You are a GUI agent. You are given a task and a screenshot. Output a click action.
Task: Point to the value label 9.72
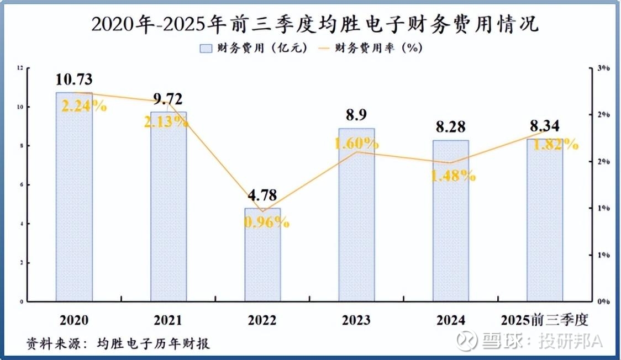[168, 99]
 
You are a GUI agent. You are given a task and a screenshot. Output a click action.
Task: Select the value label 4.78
[262, 195]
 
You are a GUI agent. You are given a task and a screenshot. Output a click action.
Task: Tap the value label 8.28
[450, 128]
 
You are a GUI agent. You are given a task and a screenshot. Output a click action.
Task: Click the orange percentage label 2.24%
[83, 106]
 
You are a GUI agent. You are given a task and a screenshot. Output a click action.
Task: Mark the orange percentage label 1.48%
[453, 176]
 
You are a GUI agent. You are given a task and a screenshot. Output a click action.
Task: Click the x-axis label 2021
[168, 320]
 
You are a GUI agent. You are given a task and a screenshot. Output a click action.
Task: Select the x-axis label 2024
[450, 320]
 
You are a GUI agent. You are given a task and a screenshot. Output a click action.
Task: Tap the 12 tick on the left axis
[20, 68]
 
